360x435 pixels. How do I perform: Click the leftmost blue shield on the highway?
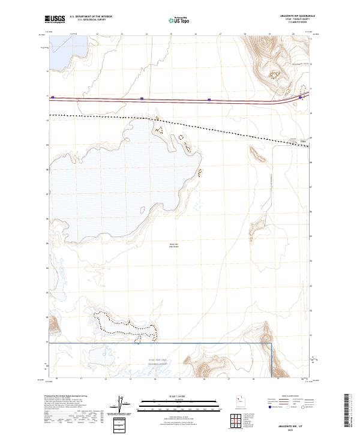(x=53, y=97)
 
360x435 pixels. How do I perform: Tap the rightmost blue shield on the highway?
(x=301, y=97)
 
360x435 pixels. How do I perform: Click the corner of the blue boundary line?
(x=272, y=343)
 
